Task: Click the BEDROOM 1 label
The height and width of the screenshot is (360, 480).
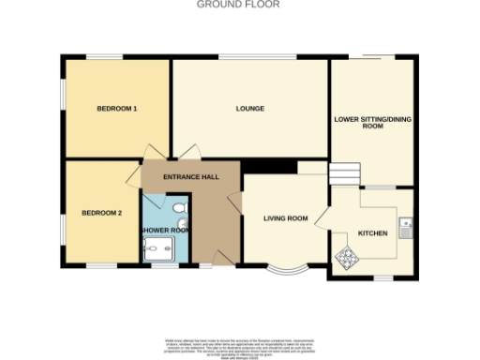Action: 118,110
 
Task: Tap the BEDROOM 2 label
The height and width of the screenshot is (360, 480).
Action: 101,213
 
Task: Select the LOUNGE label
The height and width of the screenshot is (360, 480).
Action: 249,110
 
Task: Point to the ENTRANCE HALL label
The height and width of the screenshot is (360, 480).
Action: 190,177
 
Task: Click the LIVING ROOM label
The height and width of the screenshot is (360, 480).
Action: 285,219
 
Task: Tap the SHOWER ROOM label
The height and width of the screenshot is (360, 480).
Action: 165,230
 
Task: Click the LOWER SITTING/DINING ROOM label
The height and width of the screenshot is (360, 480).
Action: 373,125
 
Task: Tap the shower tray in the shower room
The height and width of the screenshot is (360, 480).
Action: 154,248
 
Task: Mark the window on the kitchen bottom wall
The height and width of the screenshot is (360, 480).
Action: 384,278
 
